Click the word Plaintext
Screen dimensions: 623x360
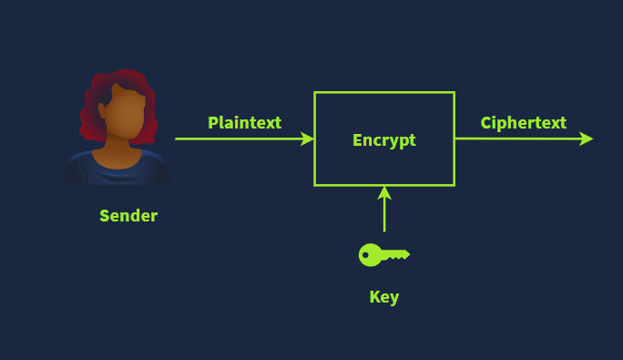[245, 122]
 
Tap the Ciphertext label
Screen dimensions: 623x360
[524, 123]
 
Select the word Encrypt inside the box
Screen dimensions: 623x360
[384, 140]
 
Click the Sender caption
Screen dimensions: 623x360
[128, 216]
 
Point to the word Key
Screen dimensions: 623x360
[384, 297]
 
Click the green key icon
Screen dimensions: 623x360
[384, 255]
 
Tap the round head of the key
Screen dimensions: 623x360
[370, 255]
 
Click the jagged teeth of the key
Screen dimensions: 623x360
[399, 258]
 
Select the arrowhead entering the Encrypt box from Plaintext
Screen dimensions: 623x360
[307, 139]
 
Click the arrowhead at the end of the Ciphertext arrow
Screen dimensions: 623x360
[586, 139]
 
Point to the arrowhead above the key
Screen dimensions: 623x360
[384, 193]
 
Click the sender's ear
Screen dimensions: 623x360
[102, 111]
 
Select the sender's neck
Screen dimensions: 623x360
[117, 147]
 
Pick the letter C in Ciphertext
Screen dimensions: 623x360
[486, 123]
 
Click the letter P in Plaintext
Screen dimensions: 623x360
[213, 122]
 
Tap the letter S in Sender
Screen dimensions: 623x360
[105, 216]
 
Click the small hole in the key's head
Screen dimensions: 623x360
[365, 255]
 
